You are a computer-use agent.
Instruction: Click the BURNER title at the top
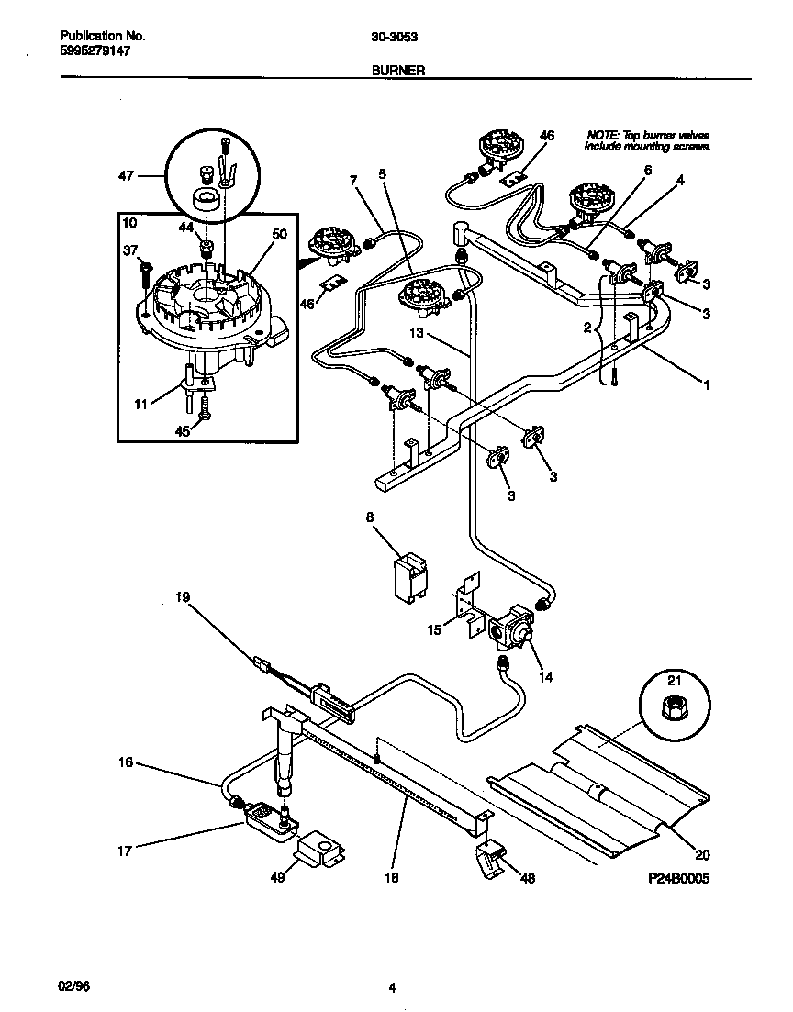[397, 70]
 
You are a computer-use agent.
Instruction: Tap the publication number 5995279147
[95, 52]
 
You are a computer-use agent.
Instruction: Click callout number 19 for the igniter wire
[183, 597]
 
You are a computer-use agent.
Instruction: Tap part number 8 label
[371, 517]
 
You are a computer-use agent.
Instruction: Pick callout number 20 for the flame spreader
[702, 855]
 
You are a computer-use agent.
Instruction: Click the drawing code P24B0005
[678, 878]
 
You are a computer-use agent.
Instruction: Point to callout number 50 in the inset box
[279, 235]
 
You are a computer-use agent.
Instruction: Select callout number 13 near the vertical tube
[417, 334]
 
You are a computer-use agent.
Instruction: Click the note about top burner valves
[649, 140]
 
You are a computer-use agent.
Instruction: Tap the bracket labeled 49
[318, 850]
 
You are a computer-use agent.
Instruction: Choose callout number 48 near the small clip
[527, 878]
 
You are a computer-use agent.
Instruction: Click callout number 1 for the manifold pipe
[707, 386]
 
